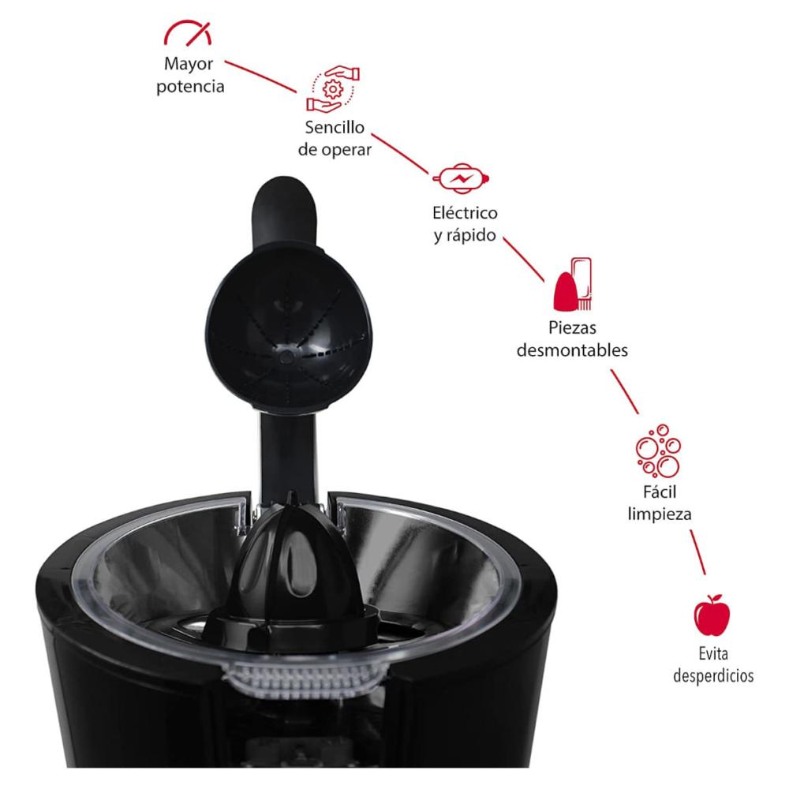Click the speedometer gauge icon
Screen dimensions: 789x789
pos(188,32)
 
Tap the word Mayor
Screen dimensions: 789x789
pos(189,65)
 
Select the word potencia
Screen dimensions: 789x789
pos(190,87)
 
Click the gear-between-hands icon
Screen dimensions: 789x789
pos(333,89)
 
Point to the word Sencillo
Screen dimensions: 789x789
pos(335,127)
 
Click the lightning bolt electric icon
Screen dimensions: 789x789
pos(461,178)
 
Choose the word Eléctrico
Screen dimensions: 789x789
pos(465,213)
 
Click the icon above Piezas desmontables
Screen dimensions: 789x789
pos(572,284)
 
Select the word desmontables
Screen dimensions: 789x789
pos(572,350)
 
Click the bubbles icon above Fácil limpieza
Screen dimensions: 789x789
pos(658,451)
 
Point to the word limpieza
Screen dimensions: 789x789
pos(659,514)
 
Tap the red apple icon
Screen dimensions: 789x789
pos(712,615)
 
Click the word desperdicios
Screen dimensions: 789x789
pos(713,675)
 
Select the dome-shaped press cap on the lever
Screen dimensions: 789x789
pos(287,330)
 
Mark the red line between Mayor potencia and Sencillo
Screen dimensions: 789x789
pos(260,77)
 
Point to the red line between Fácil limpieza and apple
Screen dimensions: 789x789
pos(697,552)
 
